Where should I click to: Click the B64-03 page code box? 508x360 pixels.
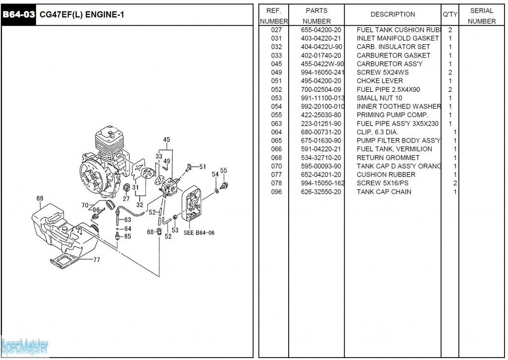coord(18,15)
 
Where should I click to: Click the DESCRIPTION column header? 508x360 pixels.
coord(392,14)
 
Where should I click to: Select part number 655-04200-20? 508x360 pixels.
coord(320,30)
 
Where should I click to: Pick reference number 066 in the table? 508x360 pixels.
coord(276,149)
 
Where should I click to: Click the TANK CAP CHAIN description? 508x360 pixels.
coord(383,192)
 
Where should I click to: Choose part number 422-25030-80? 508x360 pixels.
coord(320,115)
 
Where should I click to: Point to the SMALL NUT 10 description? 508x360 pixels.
coord(379,98)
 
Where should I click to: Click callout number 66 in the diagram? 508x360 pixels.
coord(40,199)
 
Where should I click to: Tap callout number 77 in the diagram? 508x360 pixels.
coord(96,259)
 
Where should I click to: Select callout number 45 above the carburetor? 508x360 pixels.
coord(167,140)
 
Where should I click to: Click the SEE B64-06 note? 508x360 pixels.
coord(196,232)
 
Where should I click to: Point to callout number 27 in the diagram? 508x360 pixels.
coord(126,199)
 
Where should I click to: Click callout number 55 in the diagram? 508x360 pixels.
coord(224,171)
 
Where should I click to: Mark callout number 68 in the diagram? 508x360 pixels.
coord(150,232)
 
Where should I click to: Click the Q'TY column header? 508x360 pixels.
coord(450,14)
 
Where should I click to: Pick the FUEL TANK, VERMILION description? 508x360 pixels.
coord(394,149)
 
